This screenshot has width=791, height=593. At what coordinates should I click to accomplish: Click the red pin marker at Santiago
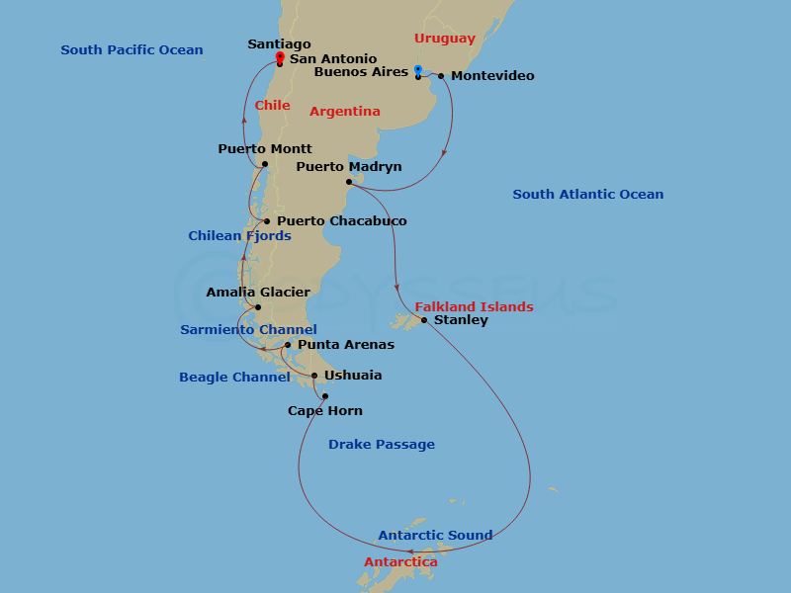pyautogui.click(x=280, y=57)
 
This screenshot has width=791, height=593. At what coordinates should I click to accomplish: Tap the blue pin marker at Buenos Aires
pyautogui.click(x=418, y=70)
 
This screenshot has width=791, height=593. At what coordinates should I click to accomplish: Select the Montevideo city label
pyautogui.click(x=492, y=76)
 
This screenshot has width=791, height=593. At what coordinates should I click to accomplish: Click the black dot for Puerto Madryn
pyautogui.click(x=349, y=182)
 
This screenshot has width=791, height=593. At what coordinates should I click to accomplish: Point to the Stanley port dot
pyautogui.click(x=424, y=320)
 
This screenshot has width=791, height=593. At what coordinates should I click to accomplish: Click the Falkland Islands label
pyautogui.click(x=474, y=306)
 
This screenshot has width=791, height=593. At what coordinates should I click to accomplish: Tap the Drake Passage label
pyautogui.click(x=382, y=445)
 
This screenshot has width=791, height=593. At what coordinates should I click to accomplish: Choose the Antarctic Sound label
pyautogui.click(x=435, y=536)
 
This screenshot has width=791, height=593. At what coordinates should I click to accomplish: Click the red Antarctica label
pyautogui.click(x=400, y=562)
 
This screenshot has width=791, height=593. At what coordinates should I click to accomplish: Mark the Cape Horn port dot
pyautogui.click(x=324, y=396)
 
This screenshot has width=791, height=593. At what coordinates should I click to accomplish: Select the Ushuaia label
pyautogui.click(x=353, y=376)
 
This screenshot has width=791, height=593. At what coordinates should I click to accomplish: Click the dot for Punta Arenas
pyautogui.click(x=288, y=345)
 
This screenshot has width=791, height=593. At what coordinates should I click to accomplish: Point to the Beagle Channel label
pyautogui.click(x=234, y=377)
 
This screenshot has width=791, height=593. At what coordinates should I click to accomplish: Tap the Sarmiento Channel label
pyautogui.click(x=248, y=329)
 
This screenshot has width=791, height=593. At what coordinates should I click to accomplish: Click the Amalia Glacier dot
pyautogui.click(x=258, y=307)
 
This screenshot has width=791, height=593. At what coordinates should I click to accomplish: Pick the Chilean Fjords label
pyautogui.click(x=239, y=236)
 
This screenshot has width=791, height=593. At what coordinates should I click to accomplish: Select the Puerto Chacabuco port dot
pyautogui.click(x=267, y=221)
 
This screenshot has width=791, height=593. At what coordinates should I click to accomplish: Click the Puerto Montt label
pyautogui.click(x=264, y=149)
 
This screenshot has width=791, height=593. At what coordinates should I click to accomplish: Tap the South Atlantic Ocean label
pyautogui.click(x=587, y=195)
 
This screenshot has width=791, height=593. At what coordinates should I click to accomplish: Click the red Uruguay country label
pyautogui.click(x=444, y=39)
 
